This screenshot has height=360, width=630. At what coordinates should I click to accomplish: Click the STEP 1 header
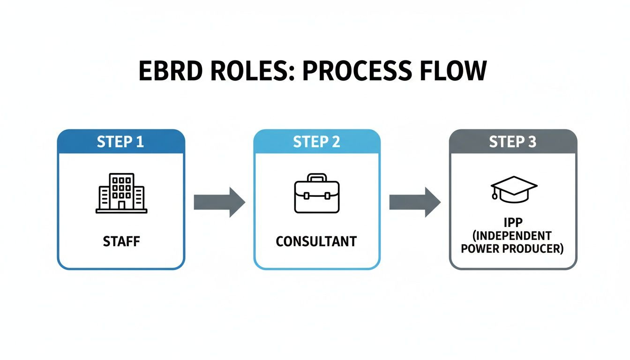tap(121, 142)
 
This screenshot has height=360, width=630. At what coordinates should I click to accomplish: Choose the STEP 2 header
tap(316, 142)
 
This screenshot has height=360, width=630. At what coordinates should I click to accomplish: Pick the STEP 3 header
tap(513, 142)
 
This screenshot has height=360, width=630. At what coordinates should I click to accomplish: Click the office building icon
tap(121, 193)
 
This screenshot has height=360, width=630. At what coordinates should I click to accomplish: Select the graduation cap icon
tap(514, 189)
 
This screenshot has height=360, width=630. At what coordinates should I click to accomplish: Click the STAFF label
tap(121, 242)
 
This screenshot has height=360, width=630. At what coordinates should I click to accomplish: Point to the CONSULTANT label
tap(316, 242)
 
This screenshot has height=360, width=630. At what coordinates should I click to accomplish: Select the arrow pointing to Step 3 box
tap(415, 202)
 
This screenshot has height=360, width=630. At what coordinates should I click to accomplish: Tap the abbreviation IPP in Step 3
tap(512, 223)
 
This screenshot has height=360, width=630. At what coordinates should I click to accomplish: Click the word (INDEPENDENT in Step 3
tap(512, 236)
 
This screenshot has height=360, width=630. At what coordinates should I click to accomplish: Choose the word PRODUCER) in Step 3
tap(535, 248)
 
